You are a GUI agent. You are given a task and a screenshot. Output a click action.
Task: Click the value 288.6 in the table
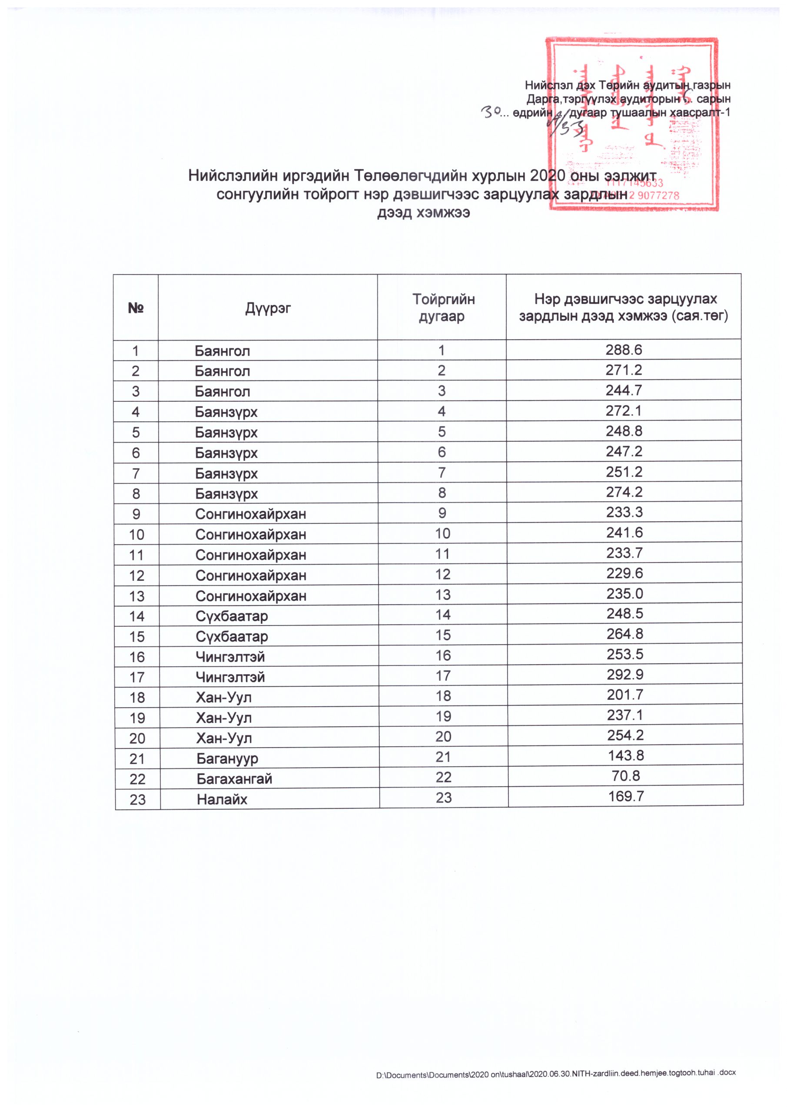[x=623, y=349]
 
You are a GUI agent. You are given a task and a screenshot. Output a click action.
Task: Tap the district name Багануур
[x=227, y=758]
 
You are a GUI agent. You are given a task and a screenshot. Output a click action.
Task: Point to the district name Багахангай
[x=234, y=778]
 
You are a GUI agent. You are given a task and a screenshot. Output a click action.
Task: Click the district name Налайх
[x=222, y=799]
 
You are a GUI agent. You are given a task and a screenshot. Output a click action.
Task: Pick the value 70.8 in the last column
[x=626, y=775]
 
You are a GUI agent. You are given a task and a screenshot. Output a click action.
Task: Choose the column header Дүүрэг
[x=268, y=308]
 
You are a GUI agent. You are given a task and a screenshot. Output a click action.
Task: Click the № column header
[x=136, y=308]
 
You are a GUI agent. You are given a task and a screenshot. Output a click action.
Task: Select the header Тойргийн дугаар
[x=443, y=308]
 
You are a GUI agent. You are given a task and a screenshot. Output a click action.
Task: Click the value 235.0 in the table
[x=624, y=593]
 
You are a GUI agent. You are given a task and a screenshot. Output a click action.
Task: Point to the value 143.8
[x=626, y=755]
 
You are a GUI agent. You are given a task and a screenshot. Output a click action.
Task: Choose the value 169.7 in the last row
[x=626, y=796]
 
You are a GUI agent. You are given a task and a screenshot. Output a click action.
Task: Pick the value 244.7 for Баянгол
[x=624, y=390]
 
